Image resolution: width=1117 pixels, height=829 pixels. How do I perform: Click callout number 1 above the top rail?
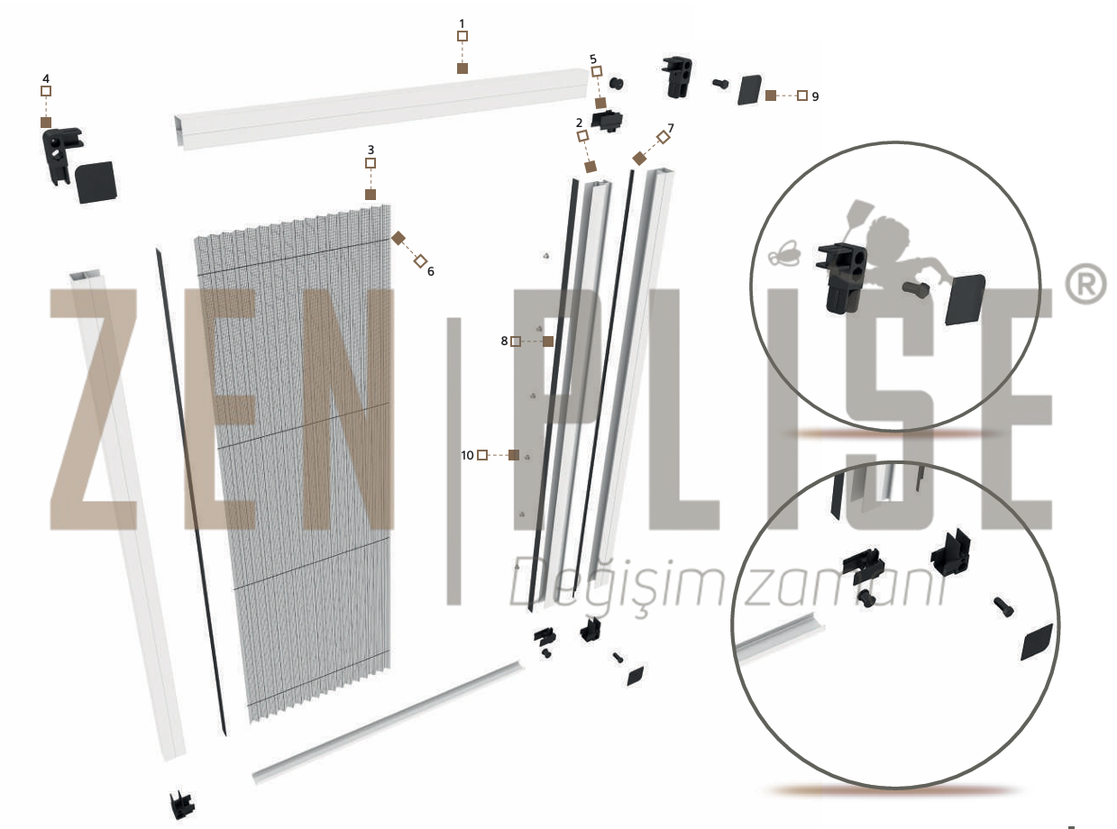pos(462,23)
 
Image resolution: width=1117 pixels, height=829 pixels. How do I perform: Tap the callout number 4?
pos(46,78)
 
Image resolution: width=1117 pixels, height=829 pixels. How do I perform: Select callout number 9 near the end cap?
pos(815,96)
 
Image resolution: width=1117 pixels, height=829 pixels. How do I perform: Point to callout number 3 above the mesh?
pos(371,150)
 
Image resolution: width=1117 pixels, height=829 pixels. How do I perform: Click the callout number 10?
pos(467,455)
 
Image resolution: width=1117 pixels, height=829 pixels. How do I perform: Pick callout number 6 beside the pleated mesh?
pos(431,271)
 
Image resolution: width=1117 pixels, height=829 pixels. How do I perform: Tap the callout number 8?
pos(504,342)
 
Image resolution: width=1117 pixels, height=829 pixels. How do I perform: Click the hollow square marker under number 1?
pos(462,36)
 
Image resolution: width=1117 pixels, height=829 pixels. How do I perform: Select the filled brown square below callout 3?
pos(371,195)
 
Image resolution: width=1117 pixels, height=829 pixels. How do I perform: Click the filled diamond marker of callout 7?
pos(639,159)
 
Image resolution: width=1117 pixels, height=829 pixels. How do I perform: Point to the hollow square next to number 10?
pos(482,455)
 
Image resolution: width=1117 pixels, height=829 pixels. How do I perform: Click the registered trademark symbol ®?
pos(1085,285)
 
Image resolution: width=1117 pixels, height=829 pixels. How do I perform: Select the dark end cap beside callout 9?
pos(750,90)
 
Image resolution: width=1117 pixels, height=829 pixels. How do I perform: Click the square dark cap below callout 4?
pos(96,182)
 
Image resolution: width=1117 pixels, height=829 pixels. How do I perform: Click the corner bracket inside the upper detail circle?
pos(841,278)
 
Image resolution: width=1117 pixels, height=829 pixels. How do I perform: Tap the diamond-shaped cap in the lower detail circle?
pos(1037,642)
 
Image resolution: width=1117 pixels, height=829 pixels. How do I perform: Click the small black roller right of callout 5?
pos(616,84)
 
